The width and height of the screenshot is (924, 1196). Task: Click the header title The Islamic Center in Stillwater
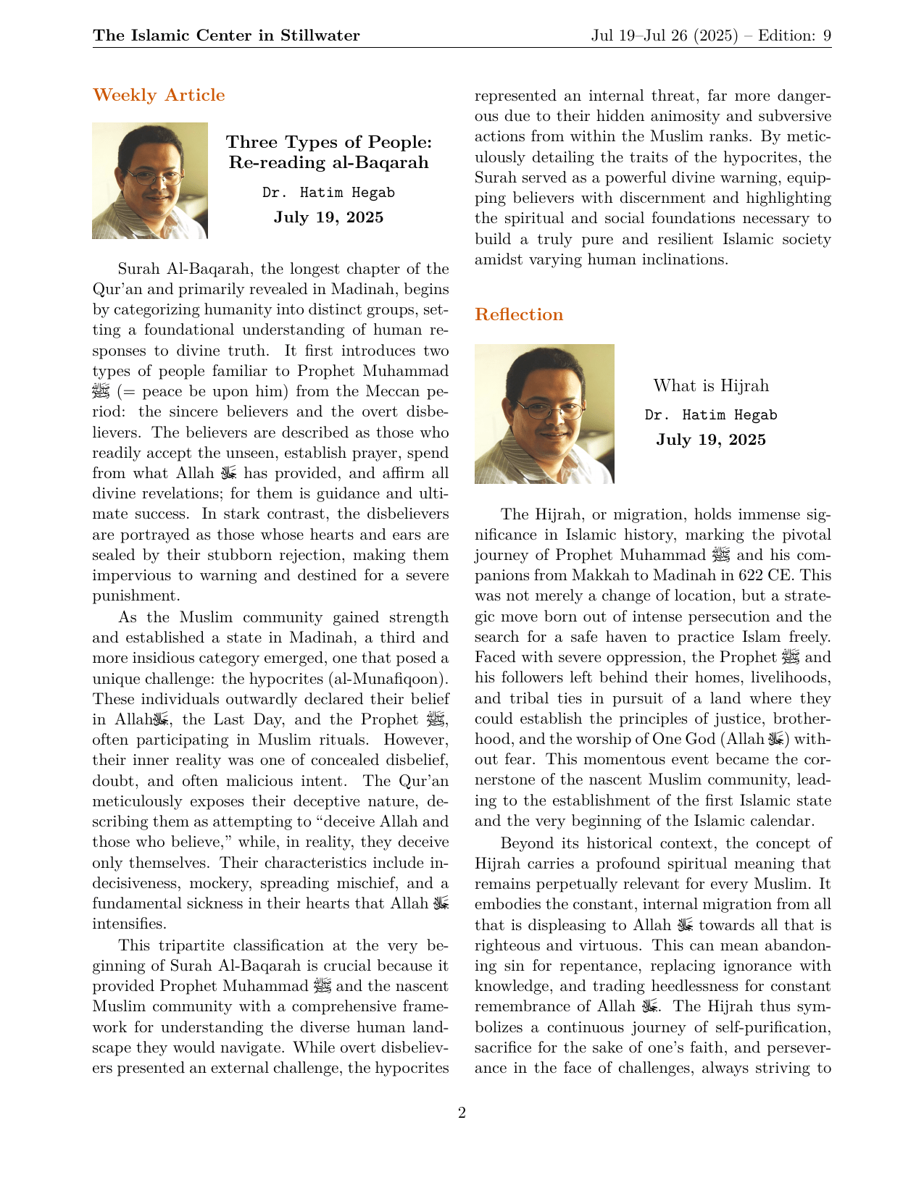[226, 35]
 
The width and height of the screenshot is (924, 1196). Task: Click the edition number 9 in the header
[827, 35]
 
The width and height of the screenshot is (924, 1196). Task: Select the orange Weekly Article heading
[159, 95]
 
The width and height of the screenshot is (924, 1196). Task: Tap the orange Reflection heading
[518, 314]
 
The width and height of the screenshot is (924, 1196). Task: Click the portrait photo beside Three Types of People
[150, 180]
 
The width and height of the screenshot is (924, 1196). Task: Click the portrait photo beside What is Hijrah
[544, 414]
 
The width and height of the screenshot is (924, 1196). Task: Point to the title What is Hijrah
[710, 385]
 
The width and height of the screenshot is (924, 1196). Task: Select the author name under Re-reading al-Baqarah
[328, 193]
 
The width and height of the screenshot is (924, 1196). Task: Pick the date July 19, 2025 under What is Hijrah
[710, 440]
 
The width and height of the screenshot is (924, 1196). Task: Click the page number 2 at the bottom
[462, 1113]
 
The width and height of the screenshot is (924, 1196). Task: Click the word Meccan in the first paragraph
[395, 392]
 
